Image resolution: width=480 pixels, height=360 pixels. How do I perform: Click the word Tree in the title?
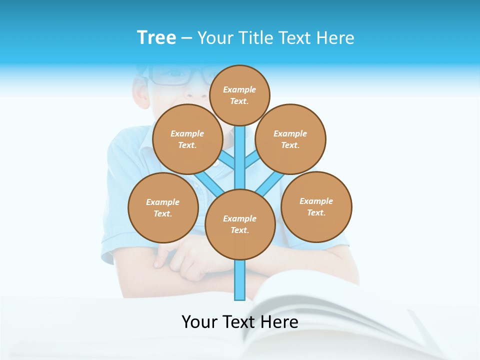156,38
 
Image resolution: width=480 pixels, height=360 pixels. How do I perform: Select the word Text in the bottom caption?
238,322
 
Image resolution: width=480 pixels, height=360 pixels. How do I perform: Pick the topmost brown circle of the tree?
239,95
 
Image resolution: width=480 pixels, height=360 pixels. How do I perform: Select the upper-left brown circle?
187,139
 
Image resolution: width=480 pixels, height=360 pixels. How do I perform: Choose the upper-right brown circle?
290,139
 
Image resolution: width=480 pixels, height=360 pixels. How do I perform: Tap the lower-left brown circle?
163,207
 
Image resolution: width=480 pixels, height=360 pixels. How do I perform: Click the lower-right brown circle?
316,206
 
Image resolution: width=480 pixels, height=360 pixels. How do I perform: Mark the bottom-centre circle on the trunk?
240,224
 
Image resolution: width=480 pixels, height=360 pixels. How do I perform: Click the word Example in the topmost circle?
239,89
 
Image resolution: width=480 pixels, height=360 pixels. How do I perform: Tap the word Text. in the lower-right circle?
316,212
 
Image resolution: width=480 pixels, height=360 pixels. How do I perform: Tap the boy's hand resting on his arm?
185,255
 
